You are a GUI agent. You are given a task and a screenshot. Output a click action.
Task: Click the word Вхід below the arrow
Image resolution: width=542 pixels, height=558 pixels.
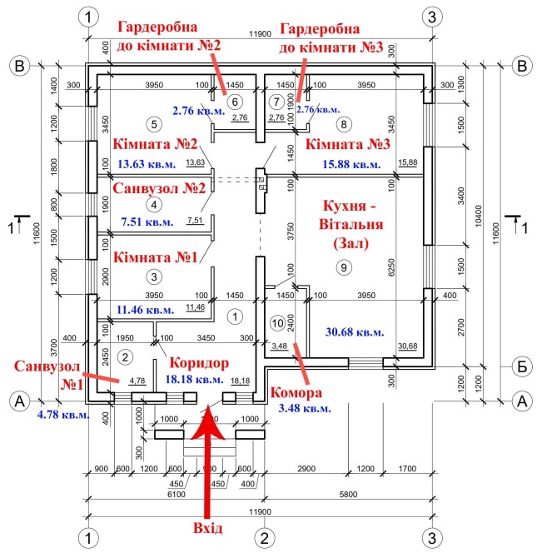pyautogui.click(x=206, y=528)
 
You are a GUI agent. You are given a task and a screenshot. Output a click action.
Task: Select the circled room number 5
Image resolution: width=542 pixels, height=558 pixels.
pyautogui.click(x=152, y=124)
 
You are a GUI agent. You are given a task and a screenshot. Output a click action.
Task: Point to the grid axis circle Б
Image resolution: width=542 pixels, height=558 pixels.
pyautogui.click(x=522, y=365)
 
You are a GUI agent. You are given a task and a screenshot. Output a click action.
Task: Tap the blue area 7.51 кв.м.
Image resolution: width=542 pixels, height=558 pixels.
pyautogui.click(x=146, y=222)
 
